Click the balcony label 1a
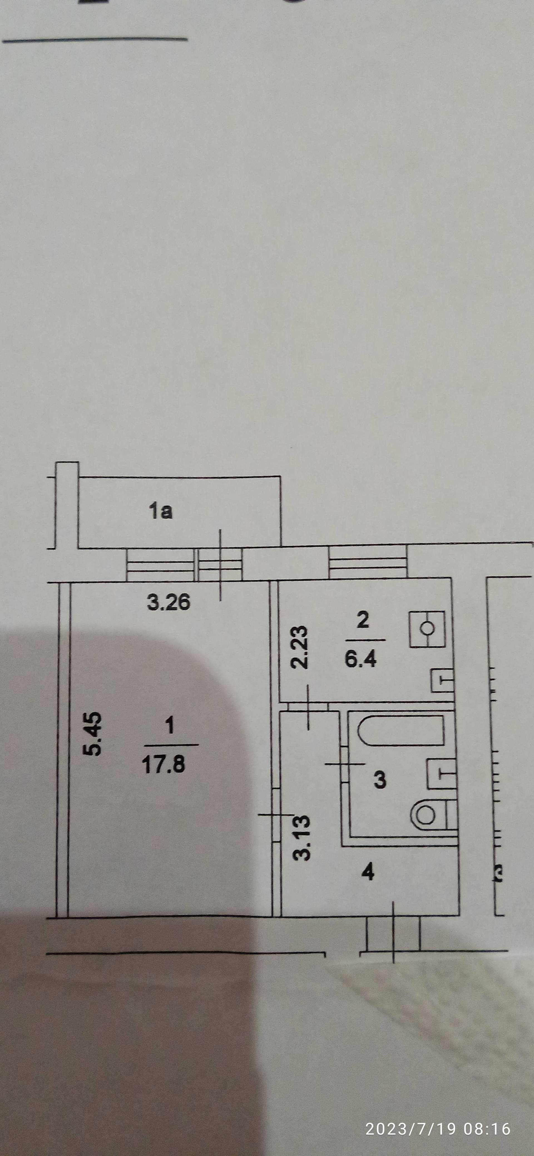(160, 512)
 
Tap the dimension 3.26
(169, 602)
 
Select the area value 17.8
(164, 764)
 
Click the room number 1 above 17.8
(170, 726)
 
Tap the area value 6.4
(361, 660)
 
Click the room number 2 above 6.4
(362, 620)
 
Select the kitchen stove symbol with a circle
(427, 629)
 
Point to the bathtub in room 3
(401, 731)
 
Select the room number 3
(380, 779)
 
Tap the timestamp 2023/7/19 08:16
(438, 1128)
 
